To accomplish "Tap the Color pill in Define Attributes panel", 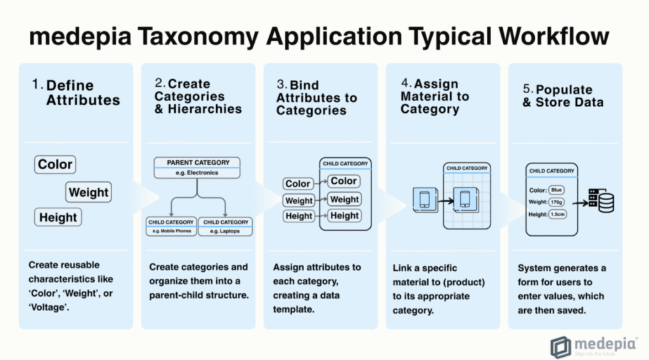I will click(55, 165).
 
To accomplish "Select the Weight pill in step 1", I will click(89, 193).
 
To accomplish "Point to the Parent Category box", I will click(198, 167).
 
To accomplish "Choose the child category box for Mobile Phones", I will click(171, 226).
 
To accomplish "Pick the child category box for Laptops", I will click(226, 226).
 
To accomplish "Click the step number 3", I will click(280, 85).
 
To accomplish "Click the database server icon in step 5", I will click(602, 201).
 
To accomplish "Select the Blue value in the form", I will click(556, 190).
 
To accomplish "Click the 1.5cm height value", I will click(558, 215).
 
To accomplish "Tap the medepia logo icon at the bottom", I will click(560, 347).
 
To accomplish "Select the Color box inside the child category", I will click(344, 181).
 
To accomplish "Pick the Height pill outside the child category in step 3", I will click(299, 216).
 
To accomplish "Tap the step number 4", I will click(405, 83).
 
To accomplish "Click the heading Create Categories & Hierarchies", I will click(198, 96).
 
